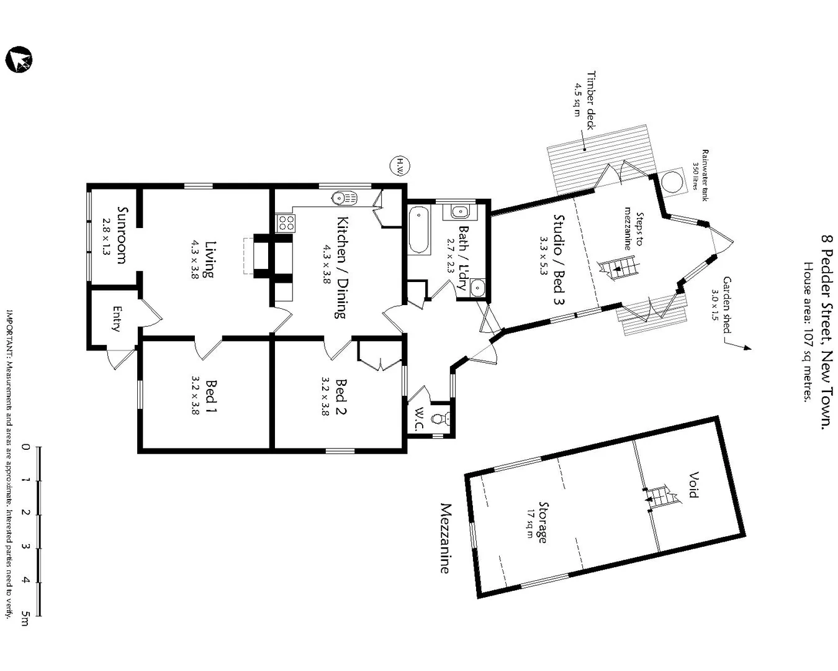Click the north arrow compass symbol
click(19, 60)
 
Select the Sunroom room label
click(122, 235)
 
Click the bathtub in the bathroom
click(420, 230)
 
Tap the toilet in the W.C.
click(440, 418)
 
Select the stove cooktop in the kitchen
click(286, 222)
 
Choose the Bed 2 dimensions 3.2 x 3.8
click(325, 396)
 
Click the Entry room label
click(117, 319)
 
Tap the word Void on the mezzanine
click(693, 485)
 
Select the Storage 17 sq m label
click(539, 523)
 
